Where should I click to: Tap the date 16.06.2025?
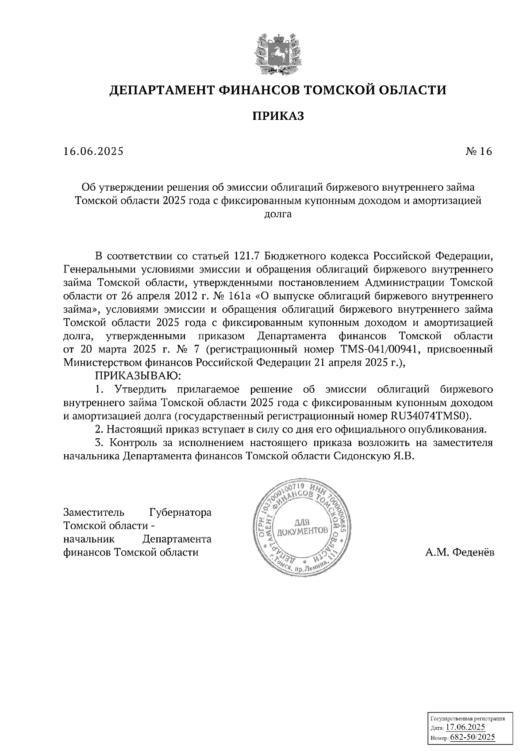tap(93, 152)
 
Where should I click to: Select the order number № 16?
tap(478, 152)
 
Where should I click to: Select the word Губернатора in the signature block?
tap(181, 513)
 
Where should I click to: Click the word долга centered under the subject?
tap(278, 215)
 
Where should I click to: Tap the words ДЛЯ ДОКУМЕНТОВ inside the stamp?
tap(303, 527)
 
